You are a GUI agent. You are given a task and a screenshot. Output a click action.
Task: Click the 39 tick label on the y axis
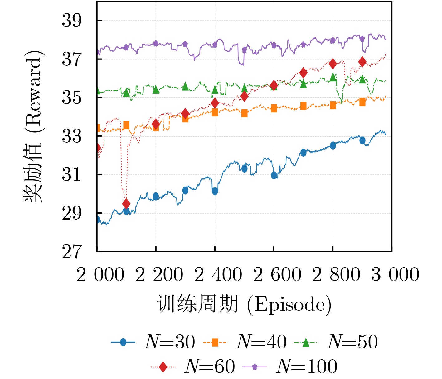tap(72, 21)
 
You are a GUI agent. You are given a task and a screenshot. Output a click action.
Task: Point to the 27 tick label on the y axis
tap(72, 252)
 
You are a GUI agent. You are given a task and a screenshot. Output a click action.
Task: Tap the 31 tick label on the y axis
tap(72, 175)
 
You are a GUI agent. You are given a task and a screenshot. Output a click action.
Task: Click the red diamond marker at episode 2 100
tap(126, 204)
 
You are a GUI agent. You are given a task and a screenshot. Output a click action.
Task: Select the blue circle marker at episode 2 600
tap(274, 175)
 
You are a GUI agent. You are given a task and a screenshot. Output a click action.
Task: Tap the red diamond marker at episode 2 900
tap(362, 62)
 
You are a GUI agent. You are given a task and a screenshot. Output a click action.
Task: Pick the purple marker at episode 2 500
tap(244, 50)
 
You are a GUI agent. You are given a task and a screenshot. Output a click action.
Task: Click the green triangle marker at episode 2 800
tap(333, 77)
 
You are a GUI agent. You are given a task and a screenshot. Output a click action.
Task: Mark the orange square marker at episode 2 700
tap(303, 106)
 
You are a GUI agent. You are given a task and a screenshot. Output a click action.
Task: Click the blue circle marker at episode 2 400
tap(215, 191)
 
